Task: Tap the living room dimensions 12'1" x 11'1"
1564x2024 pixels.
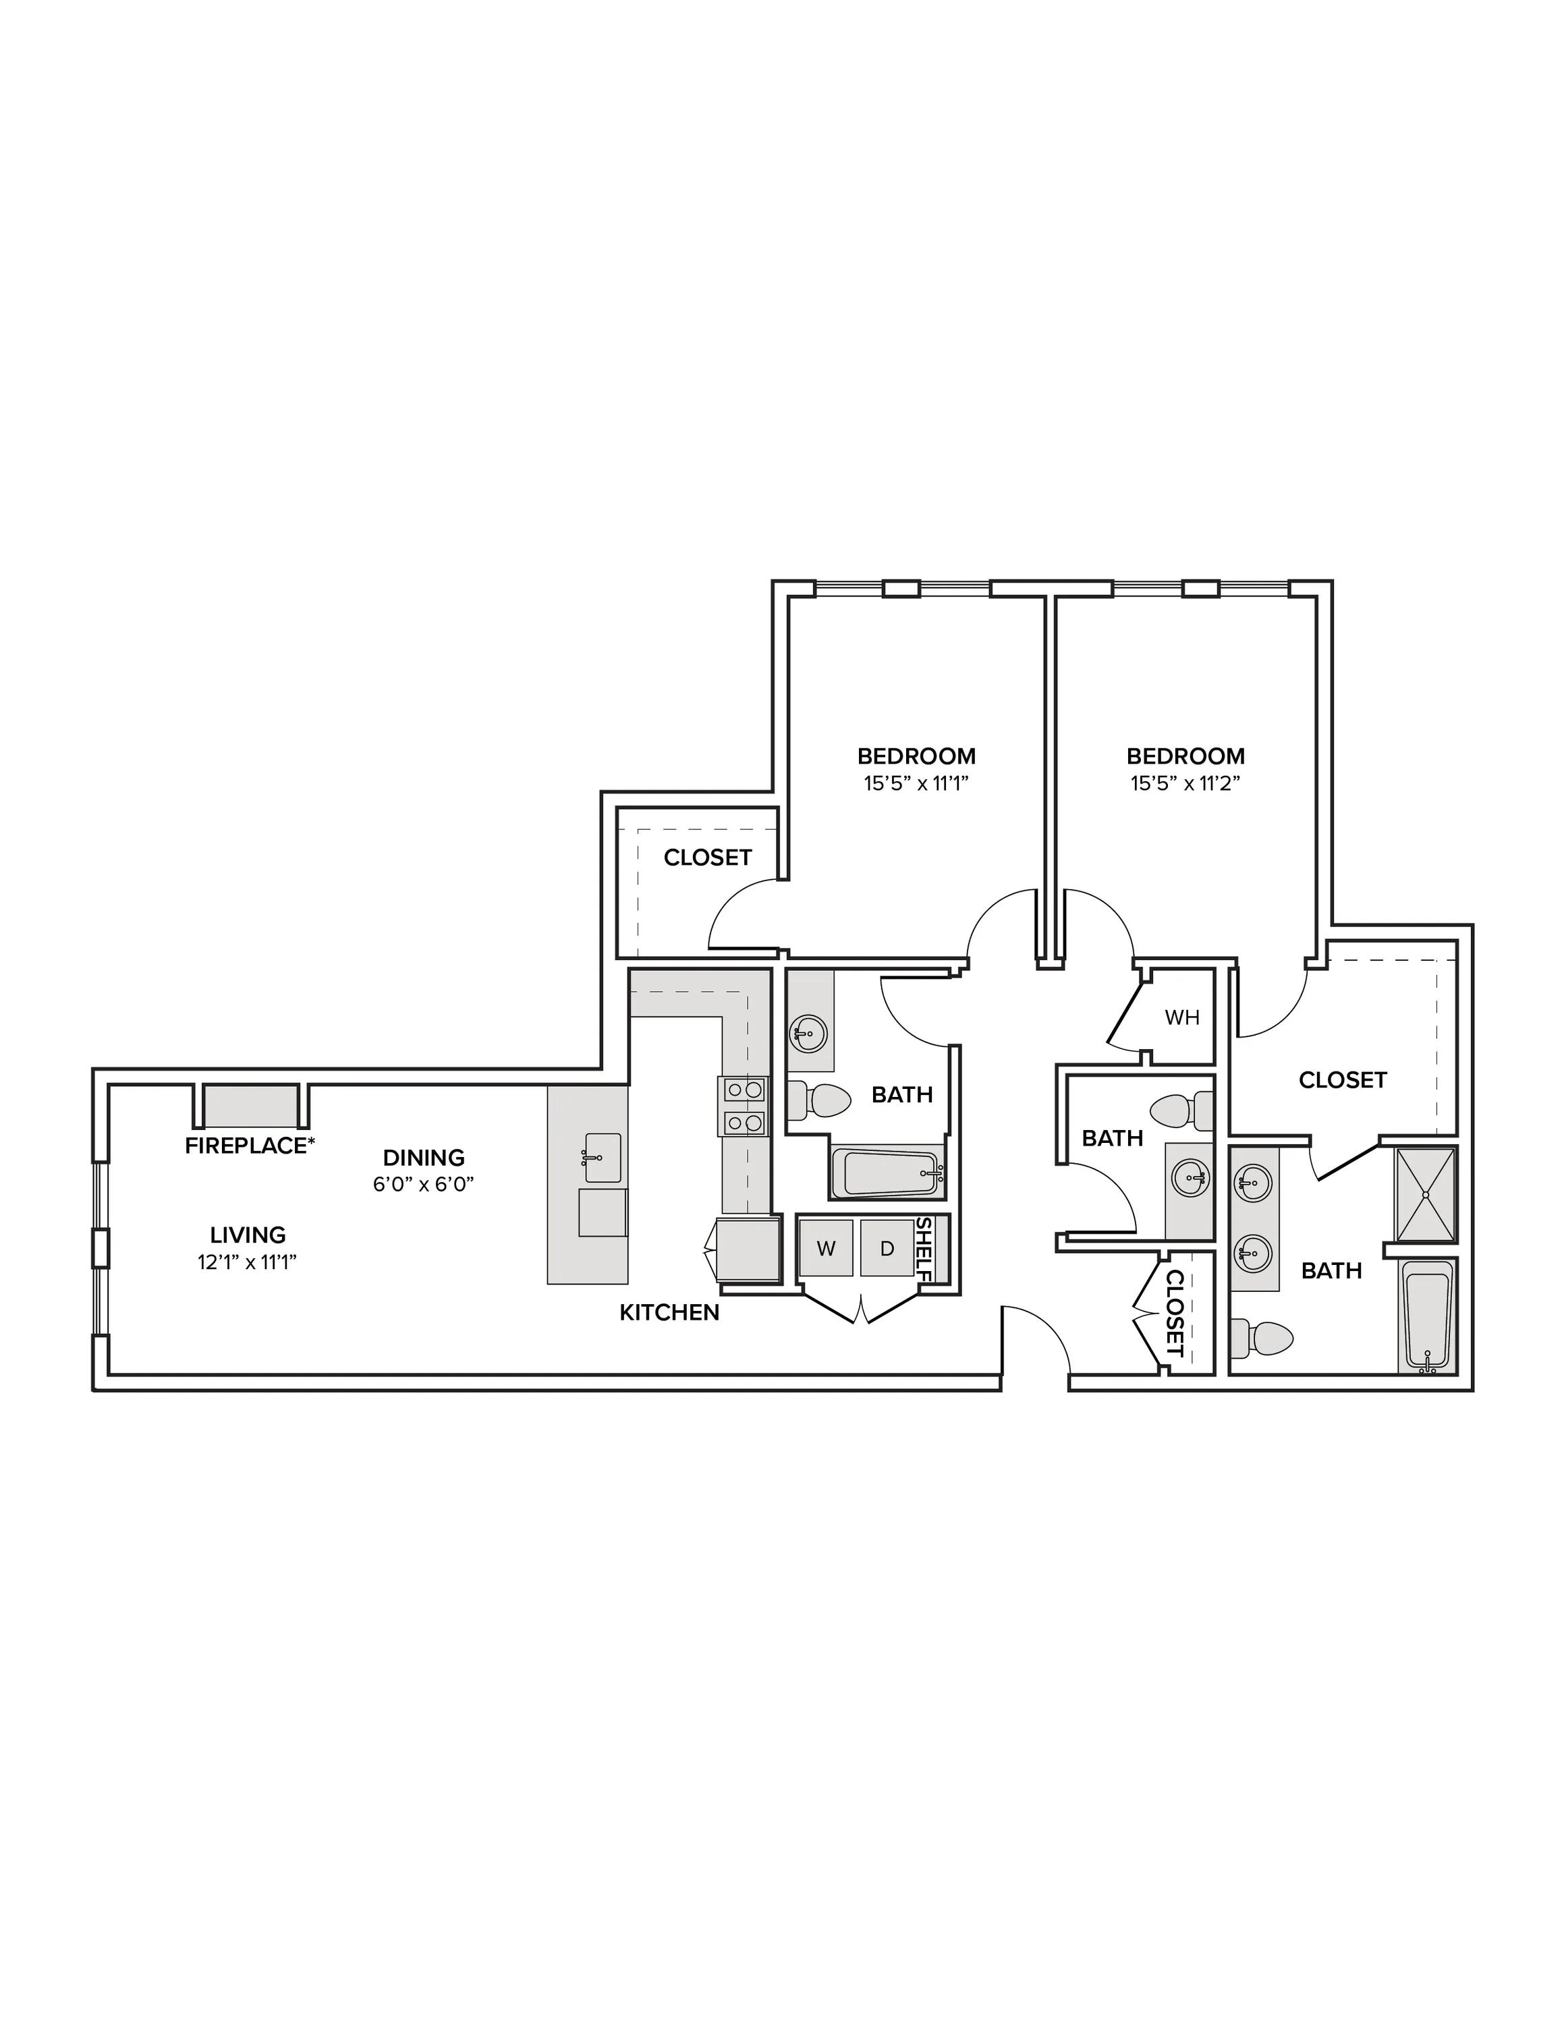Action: click(248, 1262)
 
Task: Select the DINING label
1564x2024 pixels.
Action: click(424, 1158)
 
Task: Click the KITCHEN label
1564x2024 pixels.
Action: click(669, 1312)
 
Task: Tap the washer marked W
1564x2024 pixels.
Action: click(827, 1248)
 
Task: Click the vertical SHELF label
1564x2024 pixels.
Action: click(924, 1248)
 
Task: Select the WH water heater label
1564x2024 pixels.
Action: click(1182, 1017)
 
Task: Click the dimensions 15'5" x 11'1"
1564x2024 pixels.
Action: click(916, 783)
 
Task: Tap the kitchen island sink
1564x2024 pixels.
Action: click(603, 1158)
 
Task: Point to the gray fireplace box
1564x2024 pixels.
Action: click(250, 1106)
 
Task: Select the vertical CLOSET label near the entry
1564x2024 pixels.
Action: click(1174, 1313)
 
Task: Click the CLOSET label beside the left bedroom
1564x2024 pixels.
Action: click(708, 858)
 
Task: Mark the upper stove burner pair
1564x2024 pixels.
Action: click(743, 1090)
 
